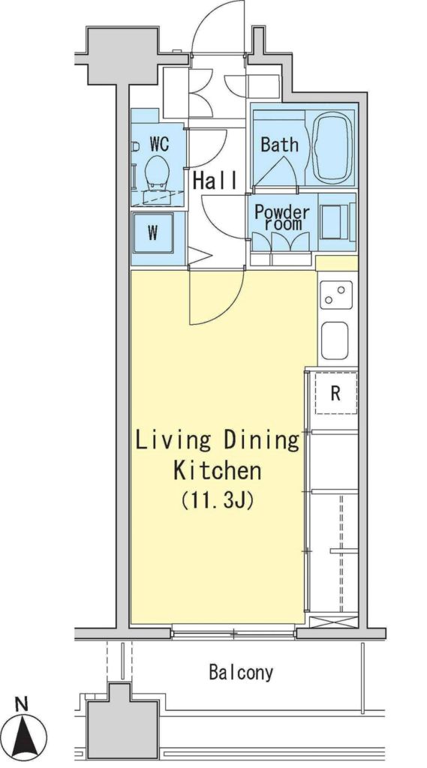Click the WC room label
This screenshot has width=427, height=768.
(159, 144)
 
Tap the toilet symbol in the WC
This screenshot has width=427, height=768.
(158, 174)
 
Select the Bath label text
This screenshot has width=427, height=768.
(279, 145)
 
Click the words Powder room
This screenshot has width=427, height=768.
(282, 217)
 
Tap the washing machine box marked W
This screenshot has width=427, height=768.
(153, 232)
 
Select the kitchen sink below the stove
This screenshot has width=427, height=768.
(335, 340)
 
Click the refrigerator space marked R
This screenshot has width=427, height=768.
(335, 393)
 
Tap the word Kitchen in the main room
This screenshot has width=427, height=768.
(217, 471)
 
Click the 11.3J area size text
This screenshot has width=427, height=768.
(217, 501)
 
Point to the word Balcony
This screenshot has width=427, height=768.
(241, 673)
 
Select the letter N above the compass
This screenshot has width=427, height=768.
(21, 705)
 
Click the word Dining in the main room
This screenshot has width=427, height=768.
(262, 442)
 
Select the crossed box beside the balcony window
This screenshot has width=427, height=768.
(333, 623)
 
